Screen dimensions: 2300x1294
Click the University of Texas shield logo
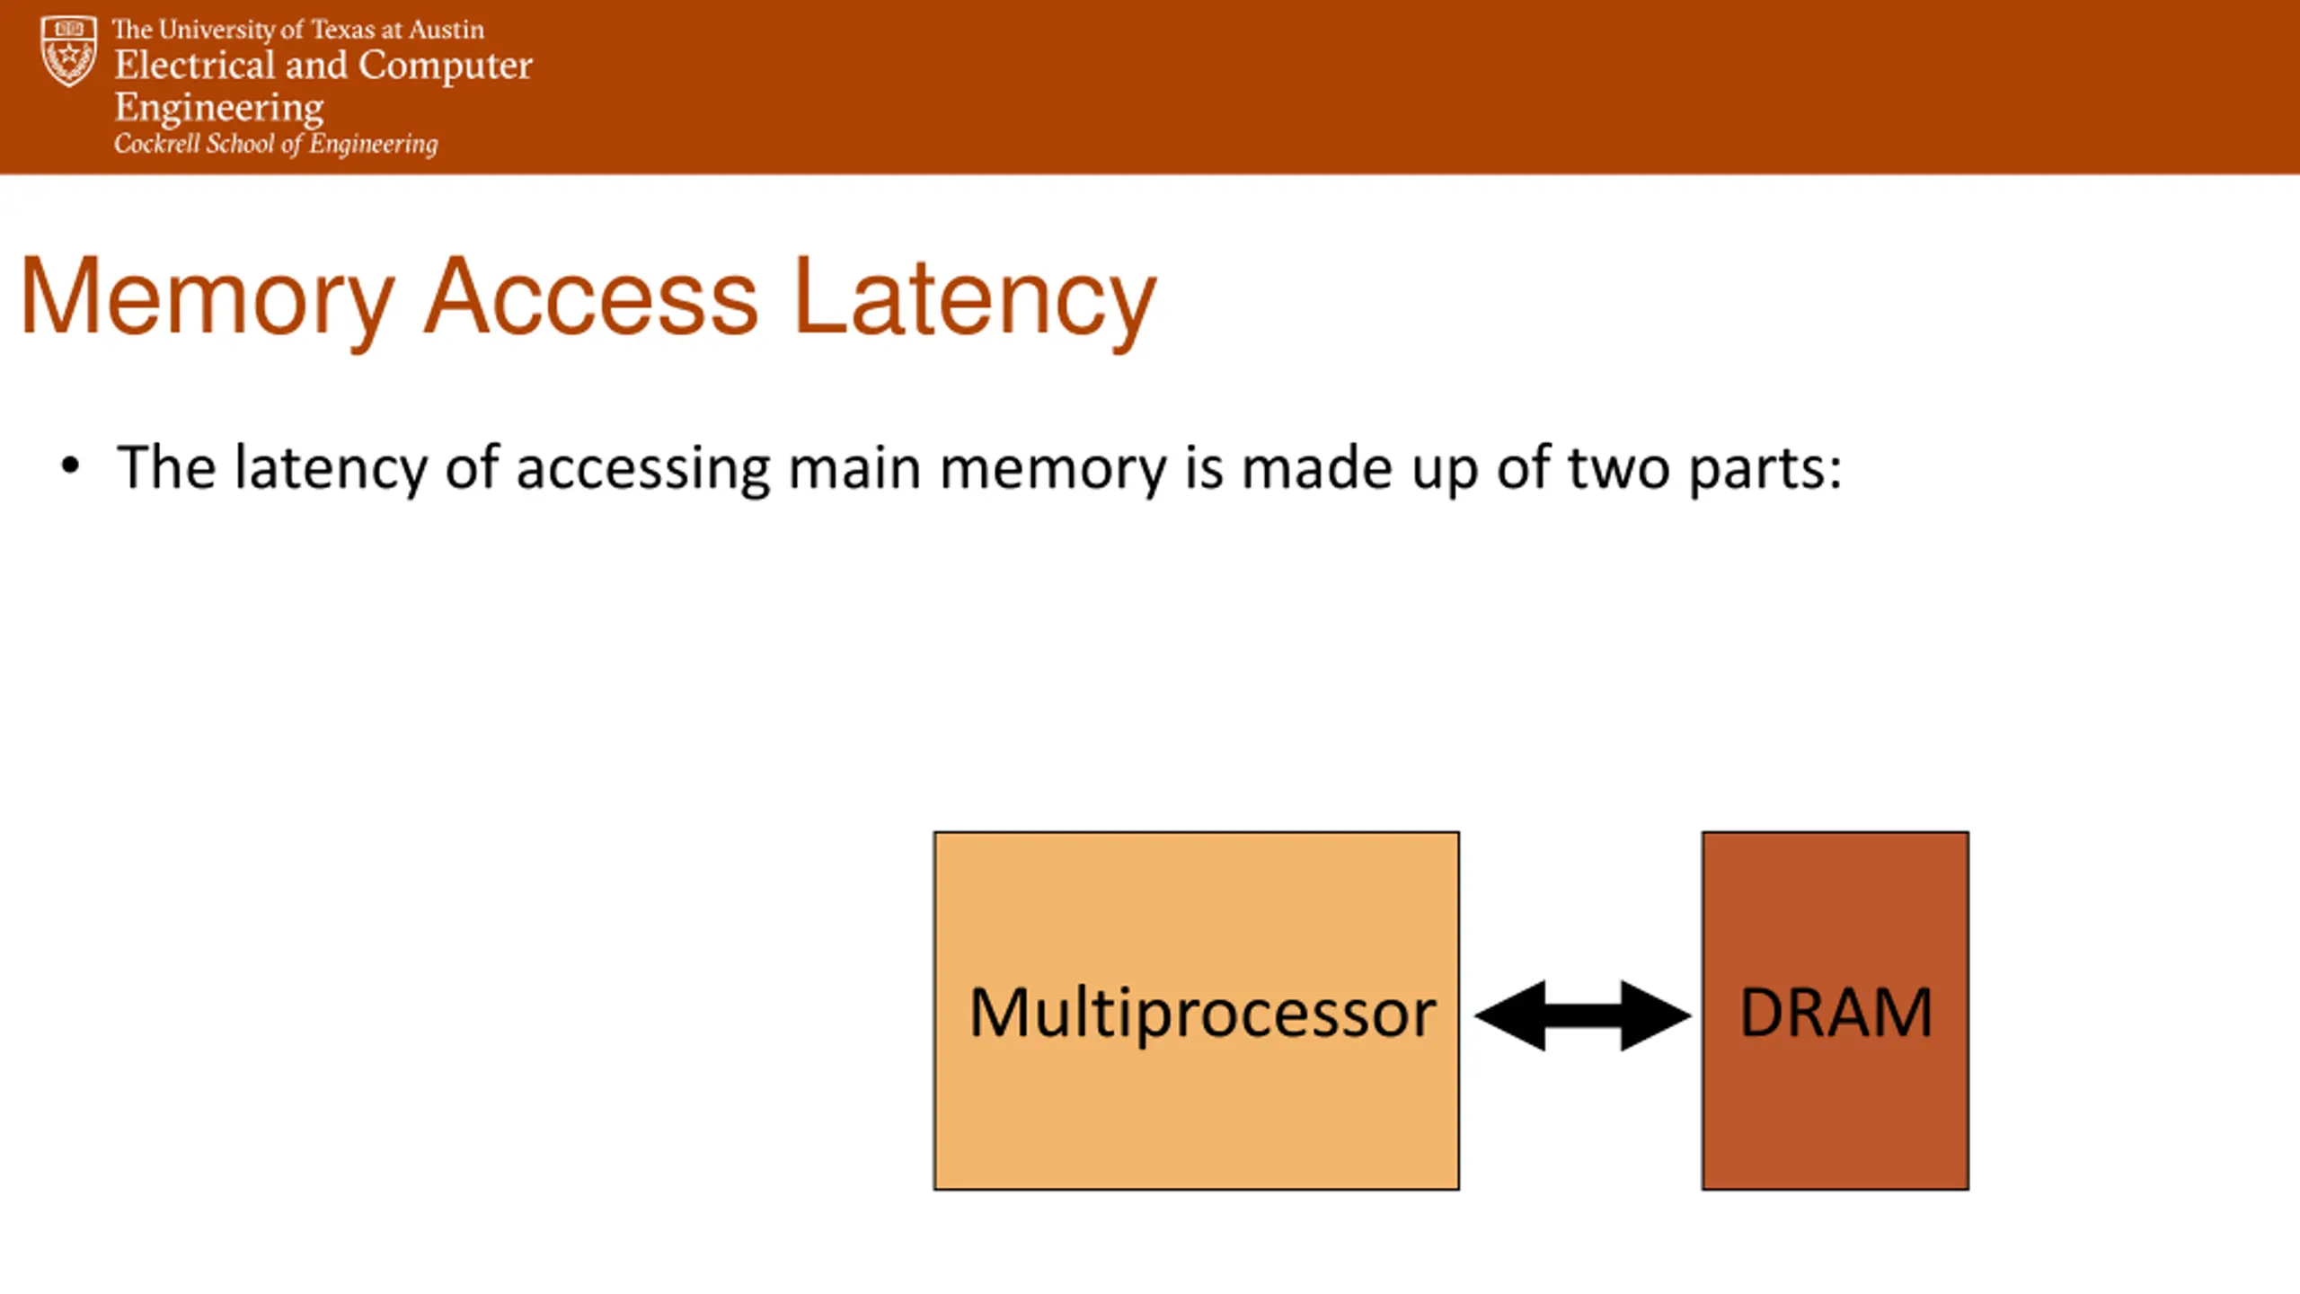click(x=68, y=50)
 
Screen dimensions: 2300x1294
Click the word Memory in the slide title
click(x=208, y=299)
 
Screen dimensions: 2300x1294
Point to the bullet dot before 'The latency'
click(x=70, y=466)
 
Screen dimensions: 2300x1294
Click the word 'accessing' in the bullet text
click(x=643, y=469)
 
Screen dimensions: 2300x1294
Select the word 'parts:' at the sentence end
click(x=1765, y=469)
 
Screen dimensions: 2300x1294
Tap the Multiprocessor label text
click(x=1202, y=1013)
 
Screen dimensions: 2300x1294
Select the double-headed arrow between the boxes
click(x=1583, y=1015)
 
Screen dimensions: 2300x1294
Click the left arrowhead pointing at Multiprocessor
click(x=1510, y=1015)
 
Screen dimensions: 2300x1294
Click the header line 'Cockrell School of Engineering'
click(x=276, y=144)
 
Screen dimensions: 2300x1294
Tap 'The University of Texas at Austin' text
click(x=298, y=30)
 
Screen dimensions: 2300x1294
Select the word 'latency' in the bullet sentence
click(x=331, y=469)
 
